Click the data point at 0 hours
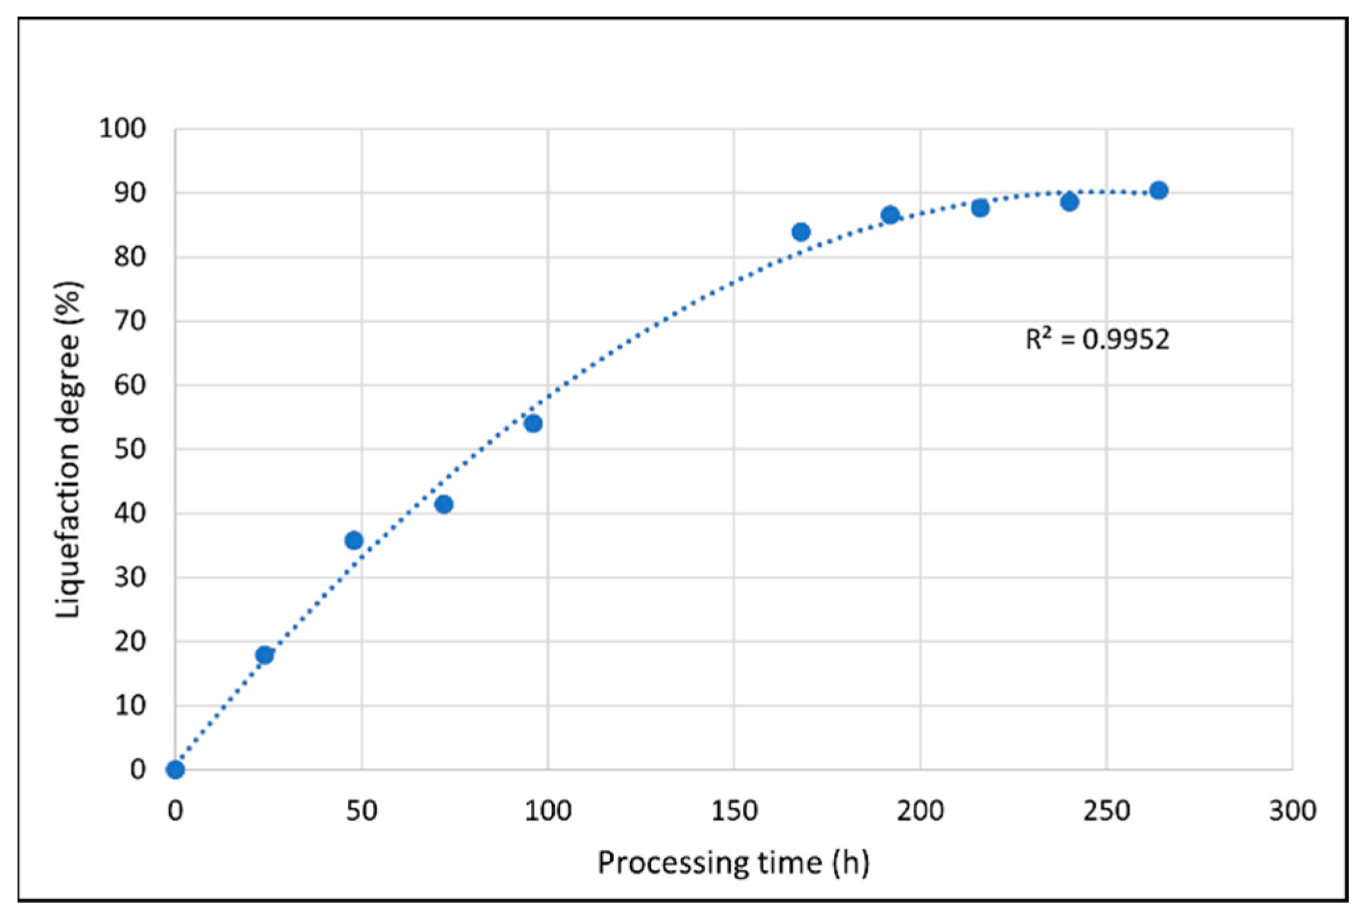coord(175,769)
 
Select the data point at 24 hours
coord(265,655)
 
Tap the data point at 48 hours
coord(354,540)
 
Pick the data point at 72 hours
coord(444,505)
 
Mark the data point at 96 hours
coord(533,423)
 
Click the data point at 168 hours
coord(801,232)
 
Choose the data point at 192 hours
coord(890,215)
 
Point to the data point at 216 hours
coord(980,208)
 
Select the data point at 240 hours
coord(1069,202)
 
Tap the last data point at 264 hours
coord(1159,190)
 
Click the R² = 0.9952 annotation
coord(1097,340)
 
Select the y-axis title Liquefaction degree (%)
coord(68,449)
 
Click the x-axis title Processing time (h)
coord(733,863)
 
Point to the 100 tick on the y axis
coord(123,128)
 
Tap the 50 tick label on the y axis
coord(130,449)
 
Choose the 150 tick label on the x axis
coord(734,811)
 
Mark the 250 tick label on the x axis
coord(1106,811)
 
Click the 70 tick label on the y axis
coord(130,321)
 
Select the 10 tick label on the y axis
coord(130,705)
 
